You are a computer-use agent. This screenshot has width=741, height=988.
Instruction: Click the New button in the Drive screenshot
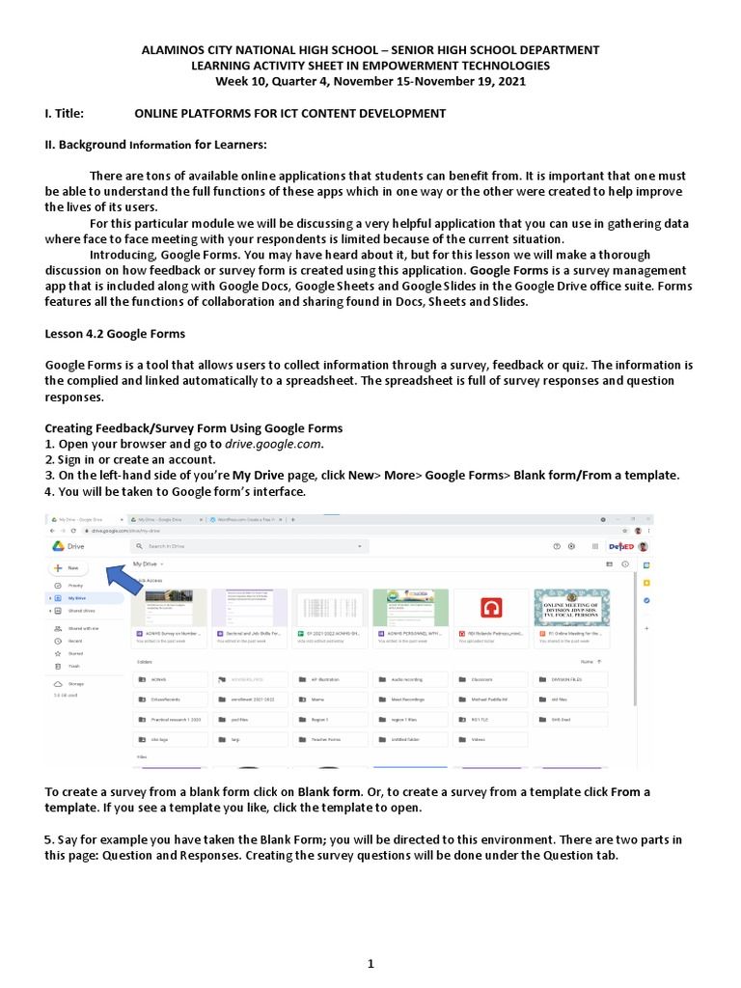coord(68,567)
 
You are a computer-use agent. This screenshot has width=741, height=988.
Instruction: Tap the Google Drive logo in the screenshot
coord(59,546)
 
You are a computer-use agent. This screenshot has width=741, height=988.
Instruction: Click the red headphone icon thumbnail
coord(491,608)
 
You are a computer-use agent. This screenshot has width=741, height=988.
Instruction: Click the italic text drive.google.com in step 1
coord(272,445)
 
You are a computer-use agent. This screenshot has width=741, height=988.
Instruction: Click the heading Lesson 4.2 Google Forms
coord(115,334)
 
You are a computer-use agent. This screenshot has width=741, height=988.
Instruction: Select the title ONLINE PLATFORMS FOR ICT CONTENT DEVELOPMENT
coord(289,114)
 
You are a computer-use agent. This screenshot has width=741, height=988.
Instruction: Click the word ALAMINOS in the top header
coord(176,50)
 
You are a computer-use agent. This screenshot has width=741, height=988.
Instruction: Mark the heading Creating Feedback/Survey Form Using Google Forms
coord(194,428)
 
